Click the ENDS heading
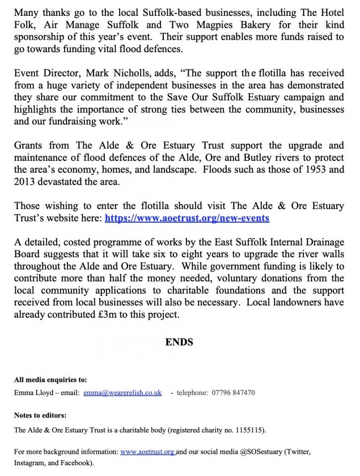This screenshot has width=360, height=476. (179, 342)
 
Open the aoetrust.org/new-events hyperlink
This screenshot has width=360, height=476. (187, 218)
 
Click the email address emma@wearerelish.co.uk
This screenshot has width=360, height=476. (123, 393)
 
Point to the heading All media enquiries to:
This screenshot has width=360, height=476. (50, 380)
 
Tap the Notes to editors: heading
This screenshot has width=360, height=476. (40, 415)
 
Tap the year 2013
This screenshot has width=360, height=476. (25, 181)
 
